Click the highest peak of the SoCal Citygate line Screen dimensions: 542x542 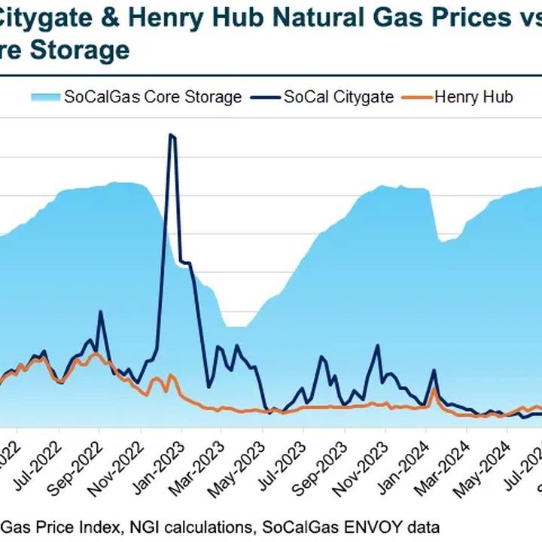[x=171, y=135]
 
